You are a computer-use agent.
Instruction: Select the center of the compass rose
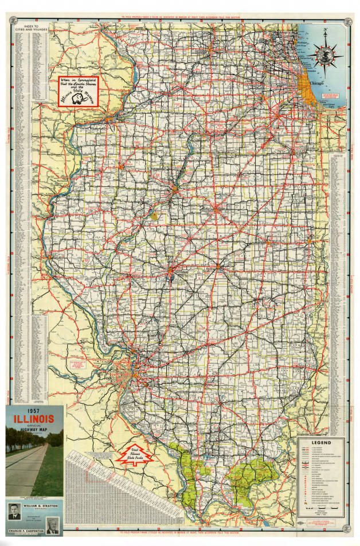(x=325, y=57)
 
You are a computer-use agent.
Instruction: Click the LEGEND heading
(x=321, y=443)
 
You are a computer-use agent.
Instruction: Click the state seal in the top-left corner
(x=12, y=21)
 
